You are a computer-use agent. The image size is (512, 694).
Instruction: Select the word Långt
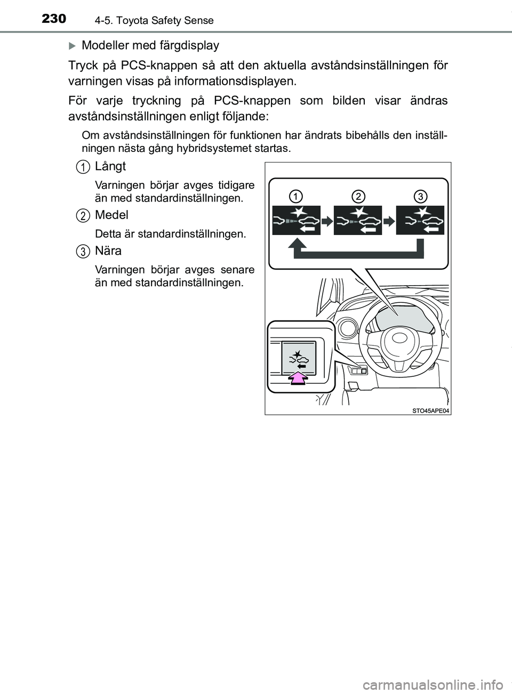point(110,166)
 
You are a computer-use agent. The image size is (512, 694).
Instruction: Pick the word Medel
point(111,215)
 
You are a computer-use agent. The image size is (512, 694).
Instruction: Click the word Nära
point(108,251)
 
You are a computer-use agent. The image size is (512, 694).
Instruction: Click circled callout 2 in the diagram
point(358,196)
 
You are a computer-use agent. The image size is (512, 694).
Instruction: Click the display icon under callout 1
point(296,220)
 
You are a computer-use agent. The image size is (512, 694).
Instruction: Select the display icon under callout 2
point(358,220)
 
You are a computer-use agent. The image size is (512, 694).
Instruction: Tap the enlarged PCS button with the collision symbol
point(299,357)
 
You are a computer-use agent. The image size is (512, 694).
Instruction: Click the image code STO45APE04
point(430,410)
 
